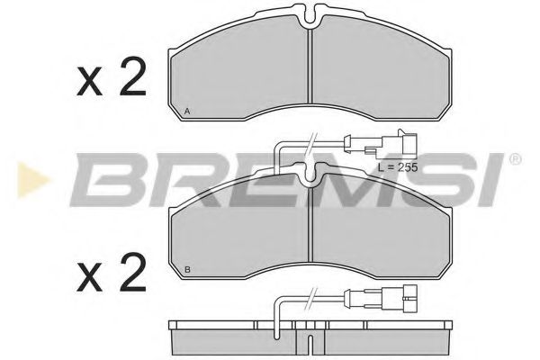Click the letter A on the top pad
click(x=187, y=111)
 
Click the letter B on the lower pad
click(x=187, y=269)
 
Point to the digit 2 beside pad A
click(x=131, y=81)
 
